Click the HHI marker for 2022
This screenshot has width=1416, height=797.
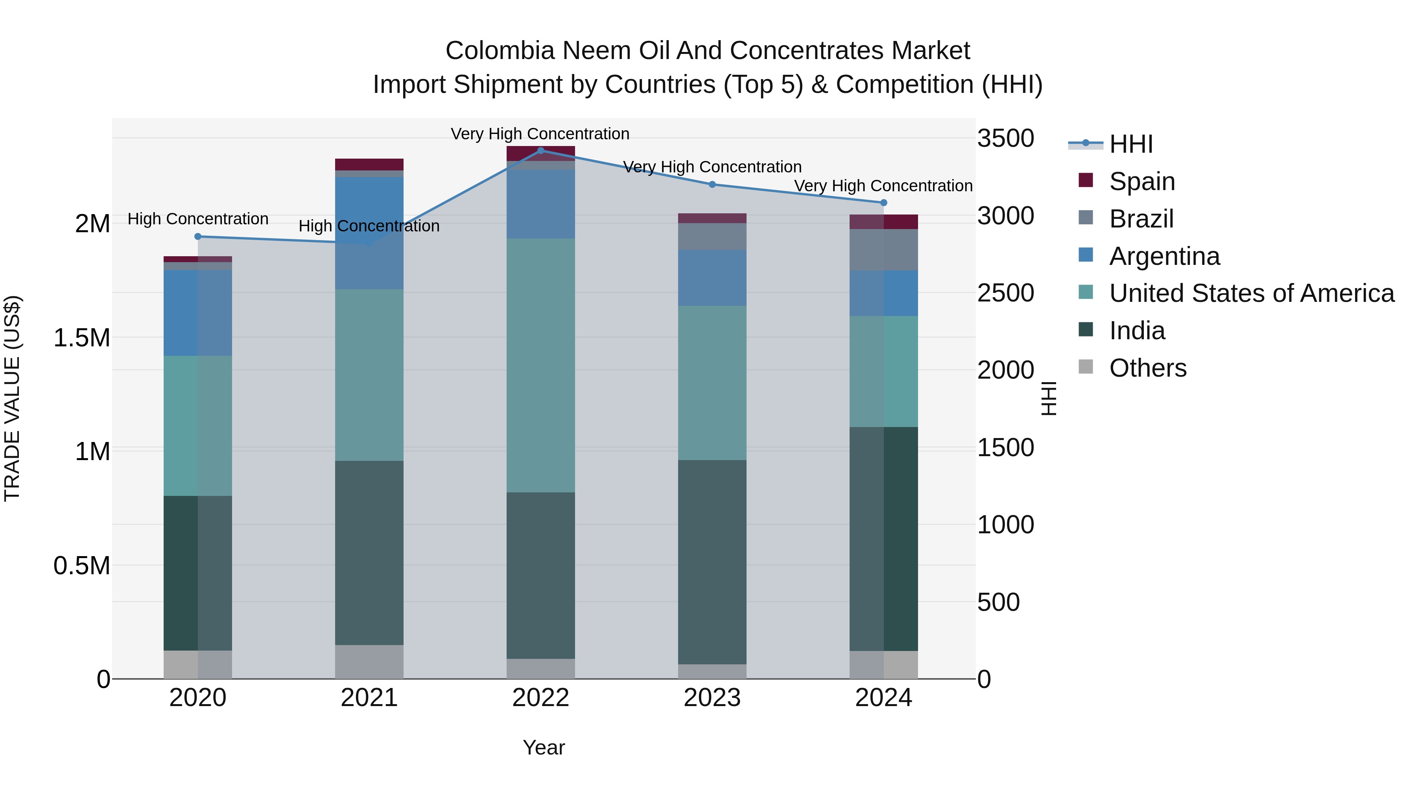point(540,151)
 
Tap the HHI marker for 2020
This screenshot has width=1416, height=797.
point(198,237)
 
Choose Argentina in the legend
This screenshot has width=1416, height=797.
point(1164,256)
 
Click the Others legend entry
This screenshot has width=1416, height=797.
point(1147,368)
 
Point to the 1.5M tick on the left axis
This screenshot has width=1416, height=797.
point(81,338)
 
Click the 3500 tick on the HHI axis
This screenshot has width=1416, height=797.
point(1005,139)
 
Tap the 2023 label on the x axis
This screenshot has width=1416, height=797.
point(712,698)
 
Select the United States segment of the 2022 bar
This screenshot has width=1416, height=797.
point(540,365)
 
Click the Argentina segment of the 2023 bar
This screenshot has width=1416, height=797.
point(712,278)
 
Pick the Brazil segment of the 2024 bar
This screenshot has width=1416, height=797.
point(883,250)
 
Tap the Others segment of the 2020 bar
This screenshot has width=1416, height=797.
point(198,664)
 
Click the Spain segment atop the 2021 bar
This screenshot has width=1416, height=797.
point(369,165)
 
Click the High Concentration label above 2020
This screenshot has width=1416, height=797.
point(198,219)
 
